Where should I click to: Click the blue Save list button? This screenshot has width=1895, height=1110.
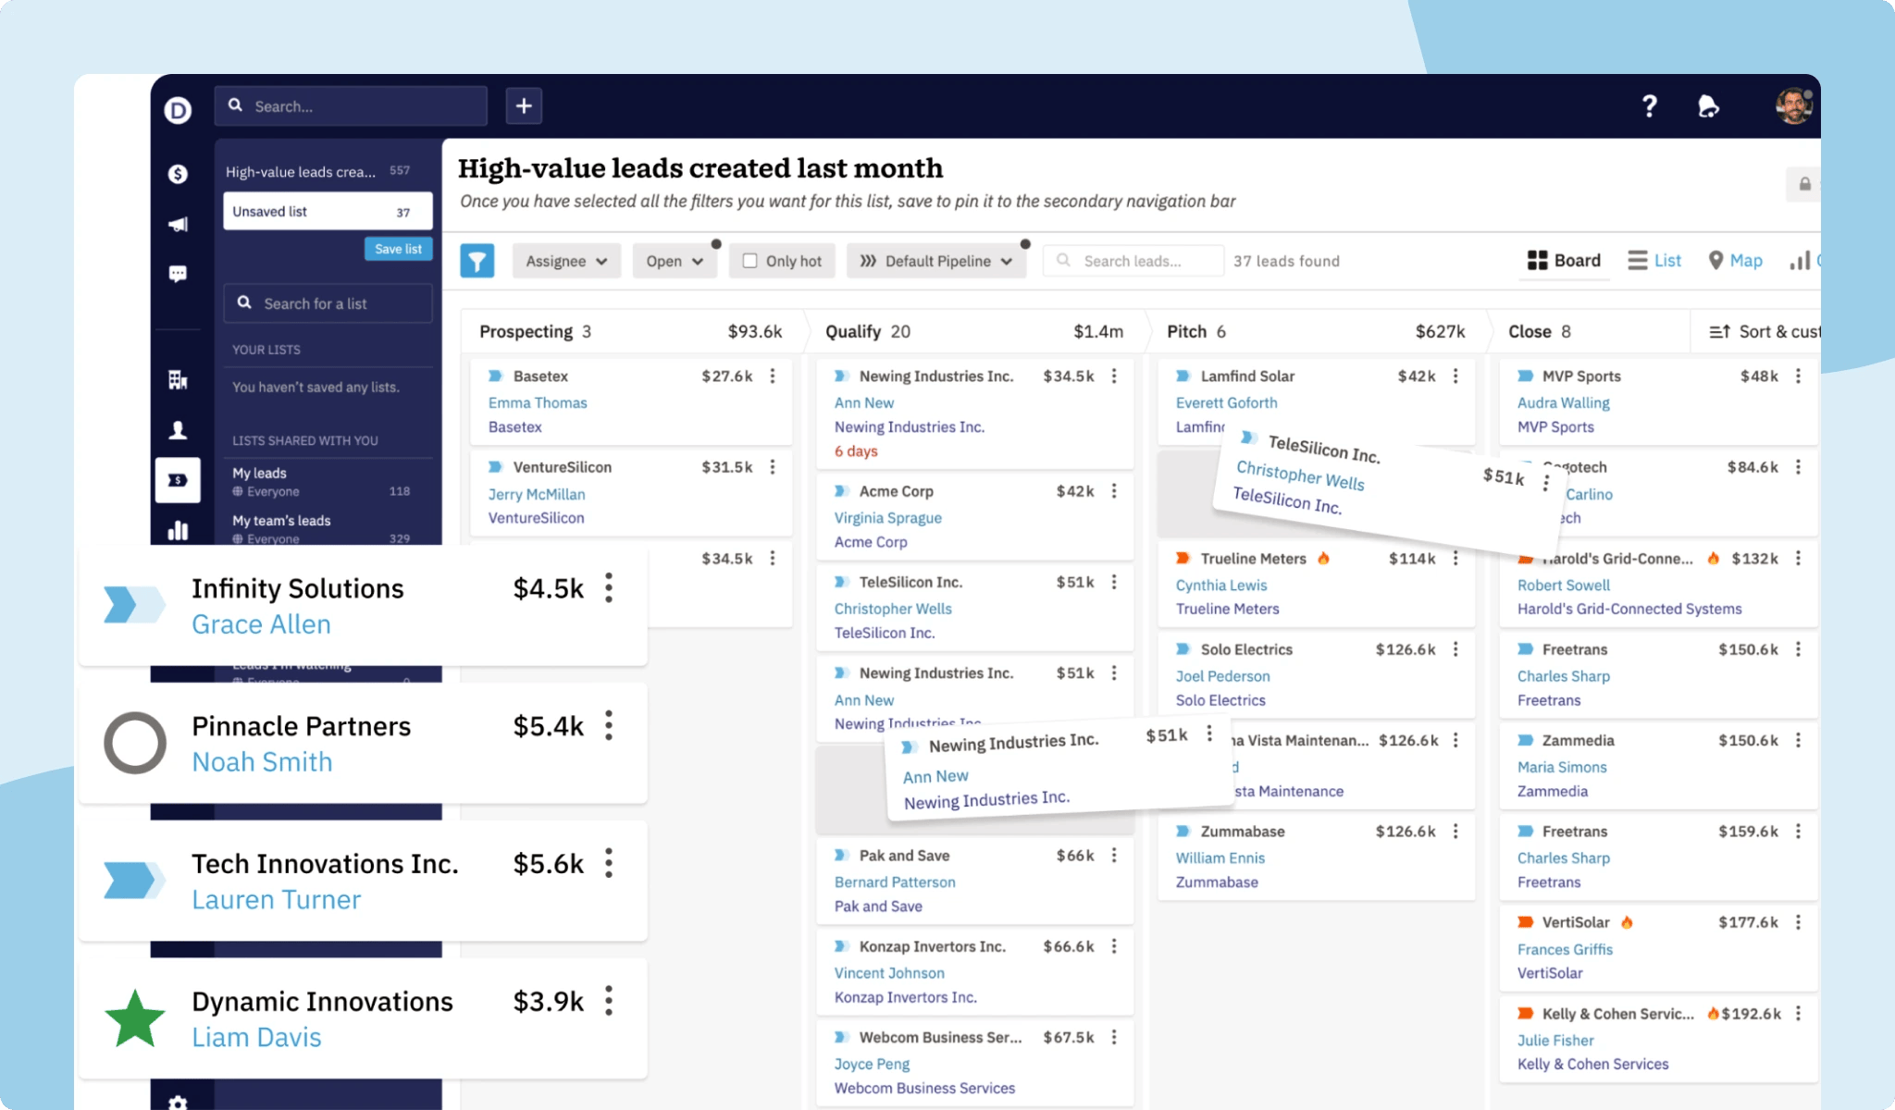click(398, 249)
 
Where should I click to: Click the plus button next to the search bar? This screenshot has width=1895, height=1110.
click(524, 105)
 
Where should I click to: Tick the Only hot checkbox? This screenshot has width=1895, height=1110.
click(749, 261)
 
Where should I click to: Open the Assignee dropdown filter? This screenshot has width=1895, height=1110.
click(565, 261)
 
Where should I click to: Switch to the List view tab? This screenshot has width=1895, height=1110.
click(1654, 261)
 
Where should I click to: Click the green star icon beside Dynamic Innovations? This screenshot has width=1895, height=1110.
click(135, 1018)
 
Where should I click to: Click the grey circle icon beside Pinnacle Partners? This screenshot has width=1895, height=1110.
click(135, 743)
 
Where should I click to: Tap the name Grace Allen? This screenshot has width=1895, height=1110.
click(261, 624)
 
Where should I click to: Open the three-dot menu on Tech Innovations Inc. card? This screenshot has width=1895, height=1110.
click(609, 863)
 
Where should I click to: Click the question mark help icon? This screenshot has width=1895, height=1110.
click(1649, 106)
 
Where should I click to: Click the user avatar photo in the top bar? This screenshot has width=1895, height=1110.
click(1792, 106)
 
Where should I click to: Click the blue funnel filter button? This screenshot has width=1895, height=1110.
click(477, 261)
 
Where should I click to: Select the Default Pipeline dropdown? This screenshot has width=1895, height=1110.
click(935, 261)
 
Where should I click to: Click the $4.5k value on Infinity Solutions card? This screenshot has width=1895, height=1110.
click(548, 589)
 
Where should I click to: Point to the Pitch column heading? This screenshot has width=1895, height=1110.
click(1186, 331)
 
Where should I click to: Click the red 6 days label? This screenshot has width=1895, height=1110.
click(856, 451)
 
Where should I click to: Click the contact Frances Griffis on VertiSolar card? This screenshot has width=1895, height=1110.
click(1565, 949)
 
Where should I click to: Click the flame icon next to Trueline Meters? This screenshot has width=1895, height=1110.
click(1323, 558)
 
